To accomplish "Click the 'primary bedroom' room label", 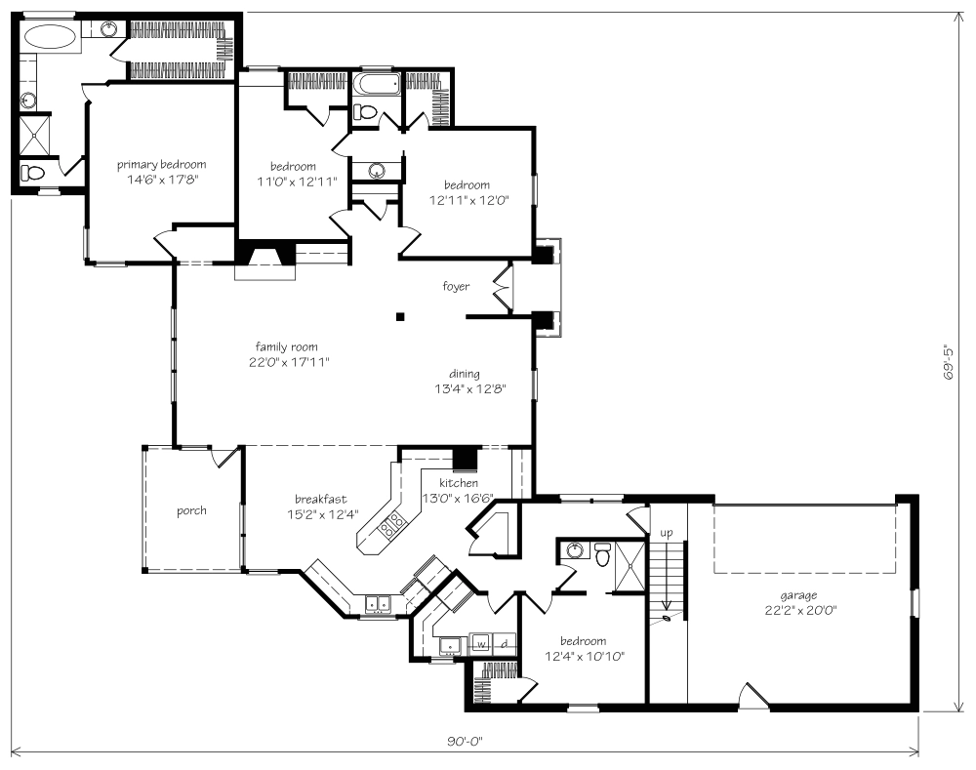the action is coord(161,165).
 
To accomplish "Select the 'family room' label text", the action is coord(286,346).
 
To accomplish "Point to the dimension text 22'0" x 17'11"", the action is coord(289,362).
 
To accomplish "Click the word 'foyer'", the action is coord(456,286).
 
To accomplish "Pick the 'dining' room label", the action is coord(465,374).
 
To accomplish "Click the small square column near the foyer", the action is coord(400,316).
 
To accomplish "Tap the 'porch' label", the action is coord(191,510).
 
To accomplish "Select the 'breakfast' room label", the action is coord(320,500).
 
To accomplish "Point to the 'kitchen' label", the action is coord(459,483).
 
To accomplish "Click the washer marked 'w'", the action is coord(480,644).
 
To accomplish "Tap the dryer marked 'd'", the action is coord(505,644).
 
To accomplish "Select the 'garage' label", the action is coord(798,596).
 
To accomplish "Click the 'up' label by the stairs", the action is coord(666,534).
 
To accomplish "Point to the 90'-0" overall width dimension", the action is coord(465,742).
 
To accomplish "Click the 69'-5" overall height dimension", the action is coord(949,362).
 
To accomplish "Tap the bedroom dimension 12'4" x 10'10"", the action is coord(585,656).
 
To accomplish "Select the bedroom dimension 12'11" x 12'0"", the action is coord(469,200).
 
